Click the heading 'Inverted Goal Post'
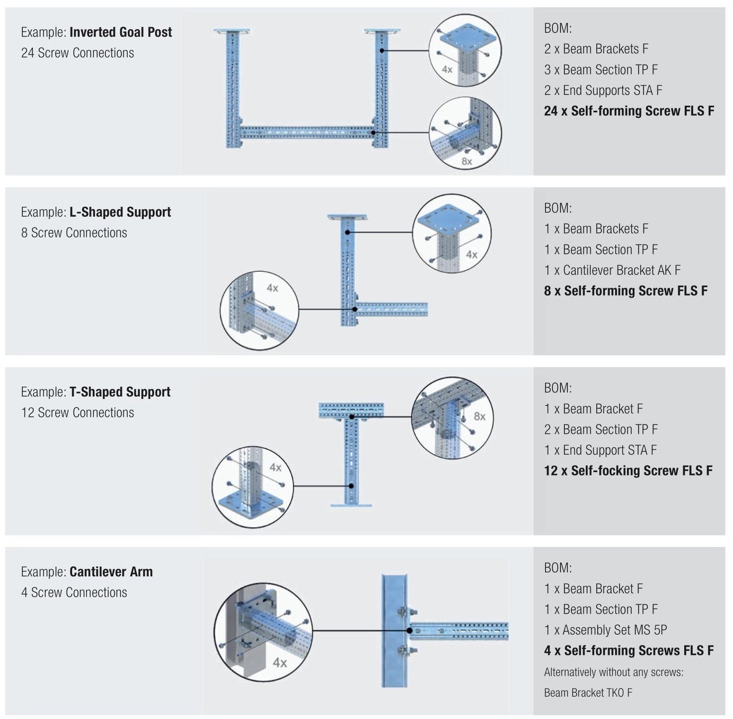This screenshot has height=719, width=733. coord(120,32)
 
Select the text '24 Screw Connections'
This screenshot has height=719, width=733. coord(77,53)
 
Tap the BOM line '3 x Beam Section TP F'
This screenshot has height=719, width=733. coord(600,70)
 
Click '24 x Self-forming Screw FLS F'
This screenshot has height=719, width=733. coord(629,111)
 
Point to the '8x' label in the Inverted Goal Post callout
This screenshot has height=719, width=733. coord(466,161)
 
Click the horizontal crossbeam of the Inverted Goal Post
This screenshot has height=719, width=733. coord(307,132)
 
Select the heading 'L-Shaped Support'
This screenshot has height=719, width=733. coord(120,212)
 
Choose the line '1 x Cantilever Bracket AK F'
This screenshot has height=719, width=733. coord(612,270)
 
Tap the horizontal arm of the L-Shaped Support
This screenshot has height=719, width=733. coord(392,309)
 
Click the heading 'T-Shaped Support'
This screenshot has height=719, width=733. coord(120,392)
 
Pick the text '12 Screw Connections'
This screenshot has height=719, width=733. coord(77,413)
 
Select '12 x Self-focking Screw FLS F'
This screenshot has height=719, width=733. coord(628,471)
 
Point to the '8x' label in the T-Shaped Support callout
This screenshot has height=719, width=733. coord(479,416)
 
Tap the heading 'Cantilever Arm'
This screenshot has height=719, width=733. coord(111,572)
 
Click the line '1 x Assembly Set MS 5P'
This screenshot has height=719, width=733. coord(605,630)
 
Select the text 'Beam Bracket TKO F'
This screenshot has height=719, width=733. coord(588,693)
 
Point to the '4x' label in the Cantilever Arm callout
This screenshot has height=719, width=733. coord(280,662)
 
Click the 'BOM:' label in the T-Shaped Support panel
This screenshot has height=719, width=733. coord(558,388)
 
